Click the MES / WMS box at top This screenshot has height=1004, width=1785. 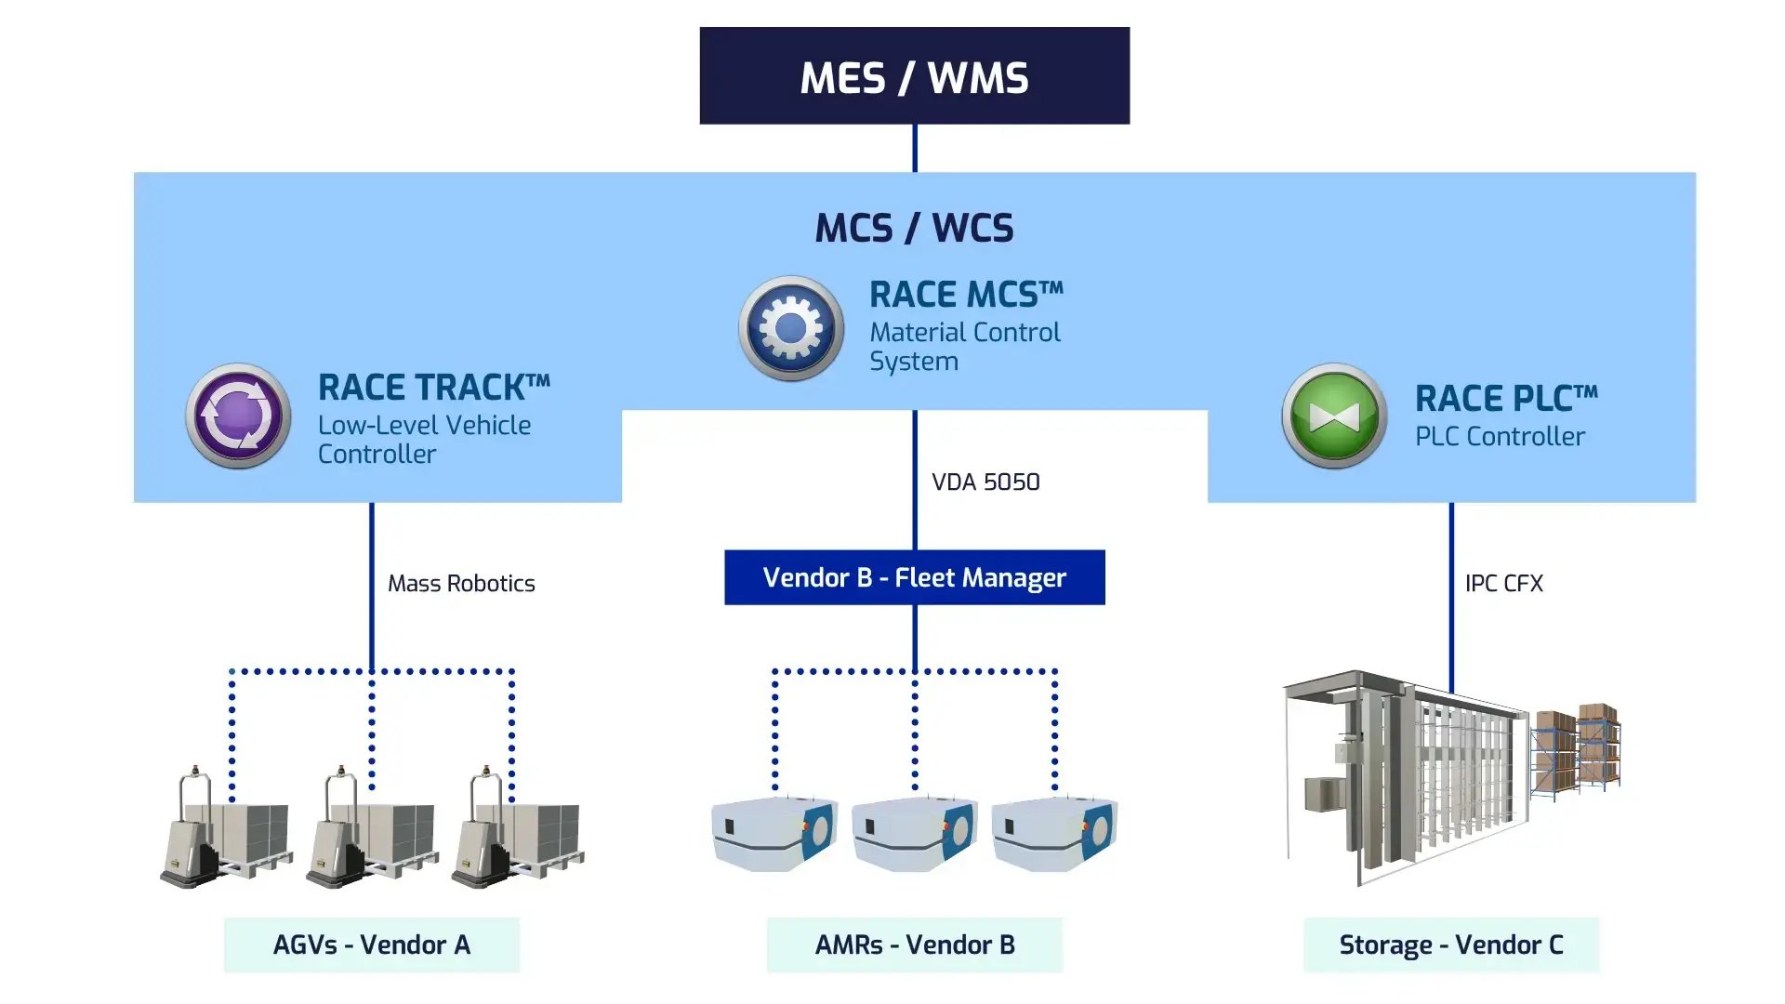[914, 76]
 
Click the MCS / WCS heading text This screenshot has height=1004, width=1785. [914, 228]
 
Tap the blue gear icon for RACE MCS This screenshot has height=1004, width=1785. [791, 328]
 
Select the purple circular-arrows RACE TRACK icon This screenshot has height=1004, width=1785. [239, 416]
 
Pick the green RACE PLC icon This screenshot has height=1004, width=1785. [1334, 416]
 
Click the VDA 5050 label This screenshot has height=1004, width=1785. [985, 482]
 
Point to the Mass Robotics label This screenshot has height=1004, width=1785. [461, 583]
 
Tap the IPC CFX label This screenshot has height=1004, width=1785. [1503, 583]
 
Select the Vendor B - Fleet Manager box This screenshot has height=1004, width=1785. [914, 577]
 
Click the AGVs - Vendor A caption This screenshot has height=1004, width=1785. [372, 945]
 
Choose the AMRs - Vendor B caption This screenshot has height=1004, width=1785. [914, 945]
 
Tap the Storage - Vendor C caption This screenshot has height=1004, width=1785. [1450, 945]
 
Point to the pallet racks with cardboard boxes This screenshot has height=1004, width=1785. [1578, 748]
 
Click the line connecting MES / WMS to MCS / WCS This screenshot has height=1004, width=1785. [915, 148]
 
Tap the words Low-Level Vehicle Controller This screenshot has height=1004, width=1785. [424, 439]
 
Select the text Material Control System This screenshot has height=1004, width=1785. [964, 346]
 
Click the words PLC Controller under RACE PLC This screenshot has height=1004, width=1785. [1500, 436]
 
